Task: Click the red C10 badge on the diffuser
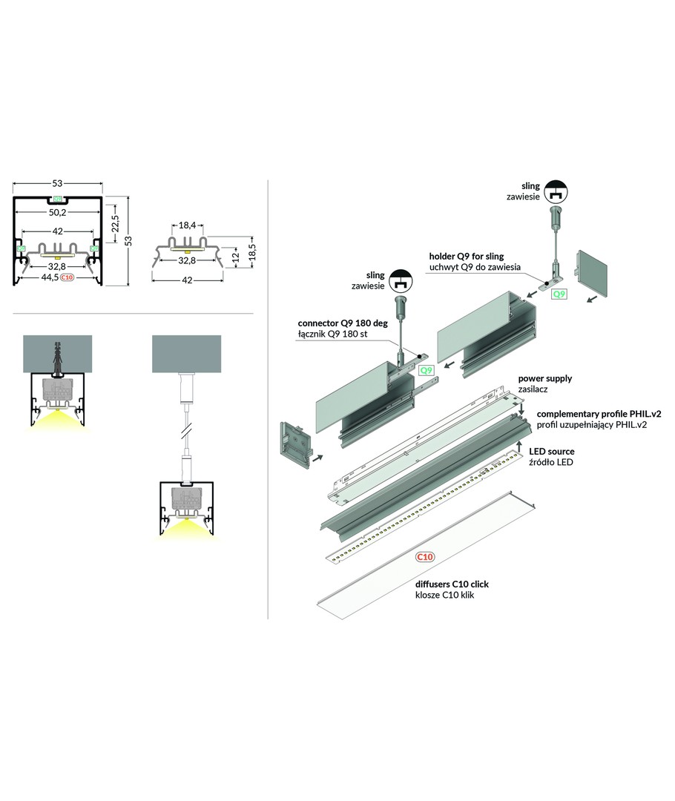tap(425, 556)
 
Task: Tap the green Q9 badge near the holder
tap(559, 294)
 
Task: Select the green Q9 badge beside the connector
tap(426, 369)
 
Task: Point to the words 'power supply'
tap(544, 378)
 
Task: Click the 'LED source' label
tap(551, 451)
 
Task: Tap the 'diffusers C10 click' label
tap(451, 584)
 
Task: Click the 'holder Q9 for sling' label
tap(475, 256)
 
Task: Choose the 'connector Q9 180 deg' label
tap(342, 323)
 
